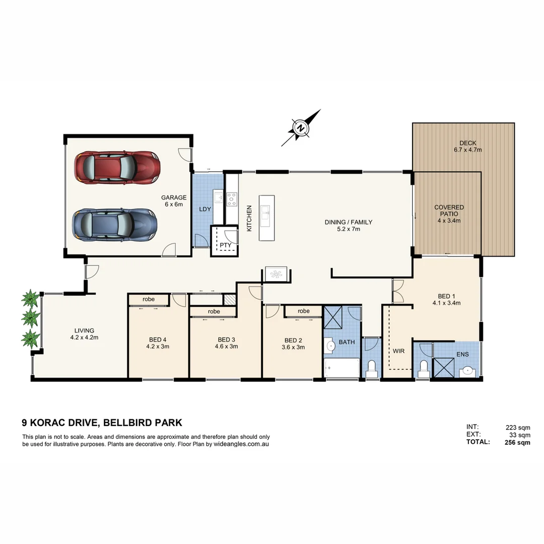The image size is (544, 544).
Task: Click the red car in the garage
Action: [117, 167]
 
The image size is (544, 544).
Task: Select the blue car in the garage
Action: [114, 225]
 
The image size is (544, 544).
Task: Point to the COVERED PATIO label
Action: [449, 214]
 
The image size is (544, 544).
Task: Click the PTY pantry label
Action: [225, 245]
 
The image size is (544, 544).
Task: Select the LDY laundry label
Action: [205, 209]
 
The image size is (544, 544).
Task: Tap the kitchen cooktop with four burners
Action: [232, 199]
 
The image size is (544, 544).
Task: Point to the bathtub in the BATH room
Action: [342, 368]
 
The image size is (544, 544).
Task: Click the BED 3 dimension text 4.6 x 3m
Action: [227, 346]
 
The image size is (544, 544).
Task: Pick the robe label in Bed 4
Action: [148, 299]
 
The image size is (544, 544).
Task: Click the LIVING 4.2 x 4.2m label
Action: [84, 334]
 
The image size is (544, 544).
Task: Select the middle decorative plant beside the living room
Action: [31, 318]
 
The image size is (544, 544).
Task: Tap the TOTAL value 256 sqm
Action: [517, 442]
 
